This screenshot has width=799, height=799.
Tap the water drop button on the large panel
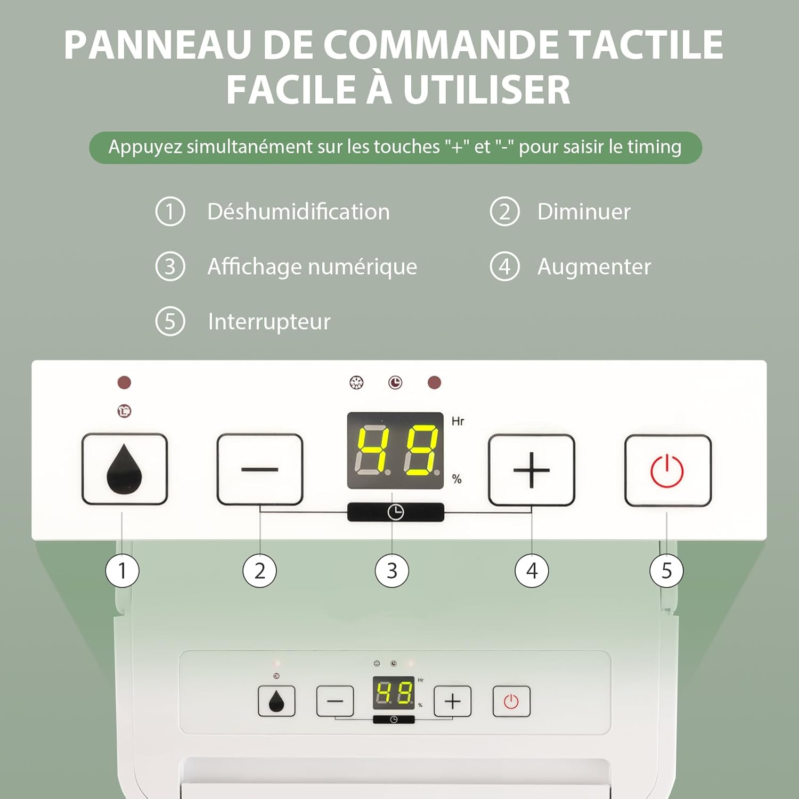pos(125,469)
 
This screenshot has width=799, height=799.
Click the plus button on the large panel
pos(532,470)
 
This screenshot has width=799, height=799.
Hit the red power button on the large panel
pos(668,471)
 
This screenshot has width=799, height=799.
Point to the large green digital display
pos(395,451)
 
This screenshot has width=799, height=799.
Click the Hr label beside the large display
pos(458,421)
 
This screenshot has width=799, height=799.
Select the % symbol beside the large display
pos(456,479)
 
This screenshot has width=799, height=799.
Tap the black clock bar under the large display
pos(395,512)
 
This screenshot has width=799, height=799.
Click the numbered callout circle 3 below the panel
pos(392,571)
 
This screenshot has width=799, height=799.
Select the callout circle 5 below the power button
pos(666,571)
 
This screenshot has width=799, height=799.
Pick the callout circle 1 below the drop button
pos(123,571)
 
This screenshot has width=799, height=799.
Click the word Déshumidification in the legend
pos(298,211)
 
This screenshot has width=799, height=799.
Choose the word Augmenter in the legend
pos(594,266)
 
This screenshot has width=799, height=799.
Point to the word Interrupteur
pos(269,322)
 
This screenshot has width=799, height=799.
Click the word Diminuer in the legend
pos(584,211)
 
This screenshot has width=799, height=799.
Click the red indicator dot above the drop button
pos(124,382)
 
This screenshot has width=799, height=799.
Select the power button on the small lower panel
pos(511,702)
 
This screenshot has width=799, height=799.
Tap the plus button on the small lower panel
pos(452,702)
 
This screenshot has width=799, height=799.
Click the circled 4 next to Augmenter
pos(504,266)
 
